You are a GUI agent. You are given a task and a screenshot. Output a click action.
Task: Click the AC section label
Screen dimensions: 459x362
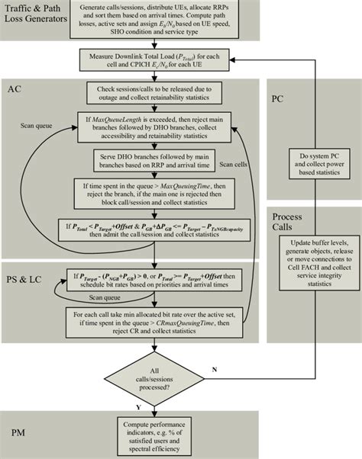click(x=15, y=88)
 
